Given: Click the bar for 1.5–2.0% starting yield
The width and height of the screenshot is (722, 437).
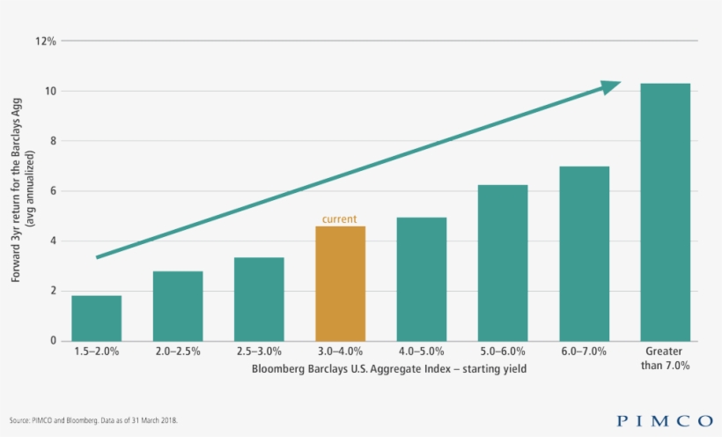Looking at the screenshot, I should point(97,318).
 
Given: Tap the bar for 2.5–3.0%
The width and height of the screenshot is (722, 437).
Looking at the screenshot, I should point(259,299).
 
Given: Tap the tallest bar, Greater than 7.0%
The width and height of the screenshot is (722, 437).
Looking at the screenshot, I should point(665,211).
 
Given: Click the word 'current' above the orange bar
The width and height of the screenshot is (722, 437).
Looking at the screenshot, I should point(340,218).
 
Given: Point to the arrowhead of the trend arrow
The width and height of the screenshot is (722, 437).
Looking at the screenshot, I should point(612,86).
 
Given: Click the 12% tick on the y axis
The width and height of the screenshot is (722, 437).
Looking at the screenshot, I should point(46,41).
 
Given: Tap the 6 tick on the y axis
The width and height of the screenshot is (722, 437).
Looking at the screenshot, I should point(53,191).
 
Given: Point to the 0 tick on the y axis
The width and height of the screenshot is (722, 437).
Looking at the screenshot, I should point(53,341).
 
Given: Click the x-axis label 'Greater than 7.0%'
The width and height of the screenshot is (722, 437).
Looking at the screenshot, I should point(665,359).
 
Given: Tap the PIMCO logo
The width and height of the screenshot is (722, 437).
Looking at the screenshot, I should point(665,420).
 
